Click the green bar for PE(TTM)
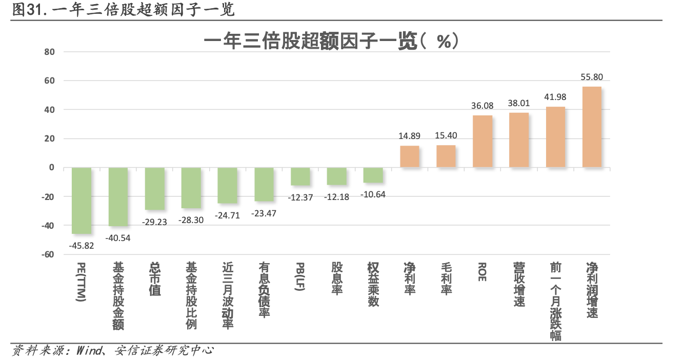pos(82,201)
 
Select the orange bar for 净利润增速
pos(592,127)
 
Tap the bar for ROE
pos(482,141)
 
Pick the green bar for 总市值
pos(155,188)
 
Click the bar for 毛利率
pos(446,156)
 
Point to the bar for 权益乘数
pos(373,175)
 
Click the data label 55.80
pos(592,77)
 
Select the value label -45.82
pos(82,245)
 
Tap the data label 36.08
pos(482,106)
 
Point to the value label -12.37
pos(300,197)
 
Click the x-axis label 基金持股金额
pos(118,296)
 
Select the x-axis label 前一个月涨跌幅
pos(555,301)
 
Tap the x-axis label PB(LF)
pos(300,277)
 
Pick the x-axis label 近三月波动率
pos(228,296)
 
